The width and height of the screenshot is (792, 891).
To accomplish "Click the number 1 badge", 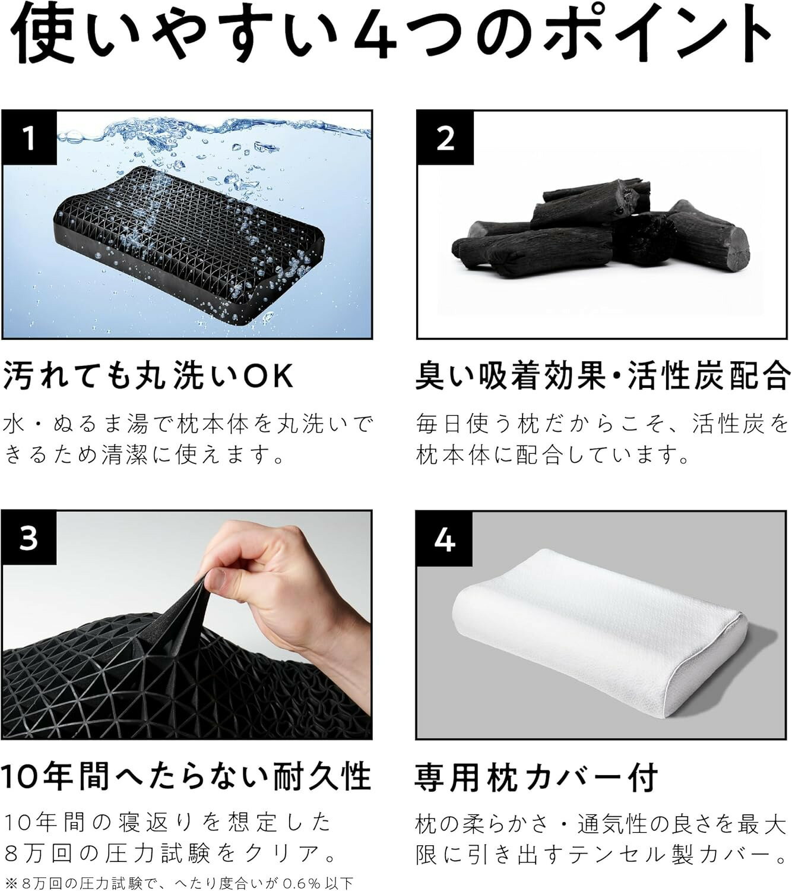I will click(x=28, y=138).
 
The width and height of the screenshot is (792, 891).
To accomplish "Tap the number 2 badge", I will click(x=445, y=138).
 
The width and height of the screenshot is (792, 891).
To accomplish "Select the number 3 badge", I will click(x=28, y=538).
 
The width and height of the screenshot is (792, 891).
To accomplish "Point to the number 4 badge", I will click(x=445, y=539).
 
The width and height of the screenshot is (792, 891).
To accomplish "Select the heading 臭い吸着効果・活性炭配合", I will click(x=602, y=375).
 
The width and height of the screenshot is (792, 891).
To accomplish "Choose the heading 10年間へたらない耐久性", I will click(x=185, y=775).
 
